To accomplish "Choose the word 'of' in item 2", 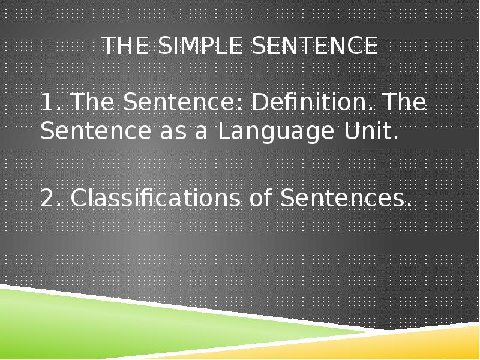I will [259, 198].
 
